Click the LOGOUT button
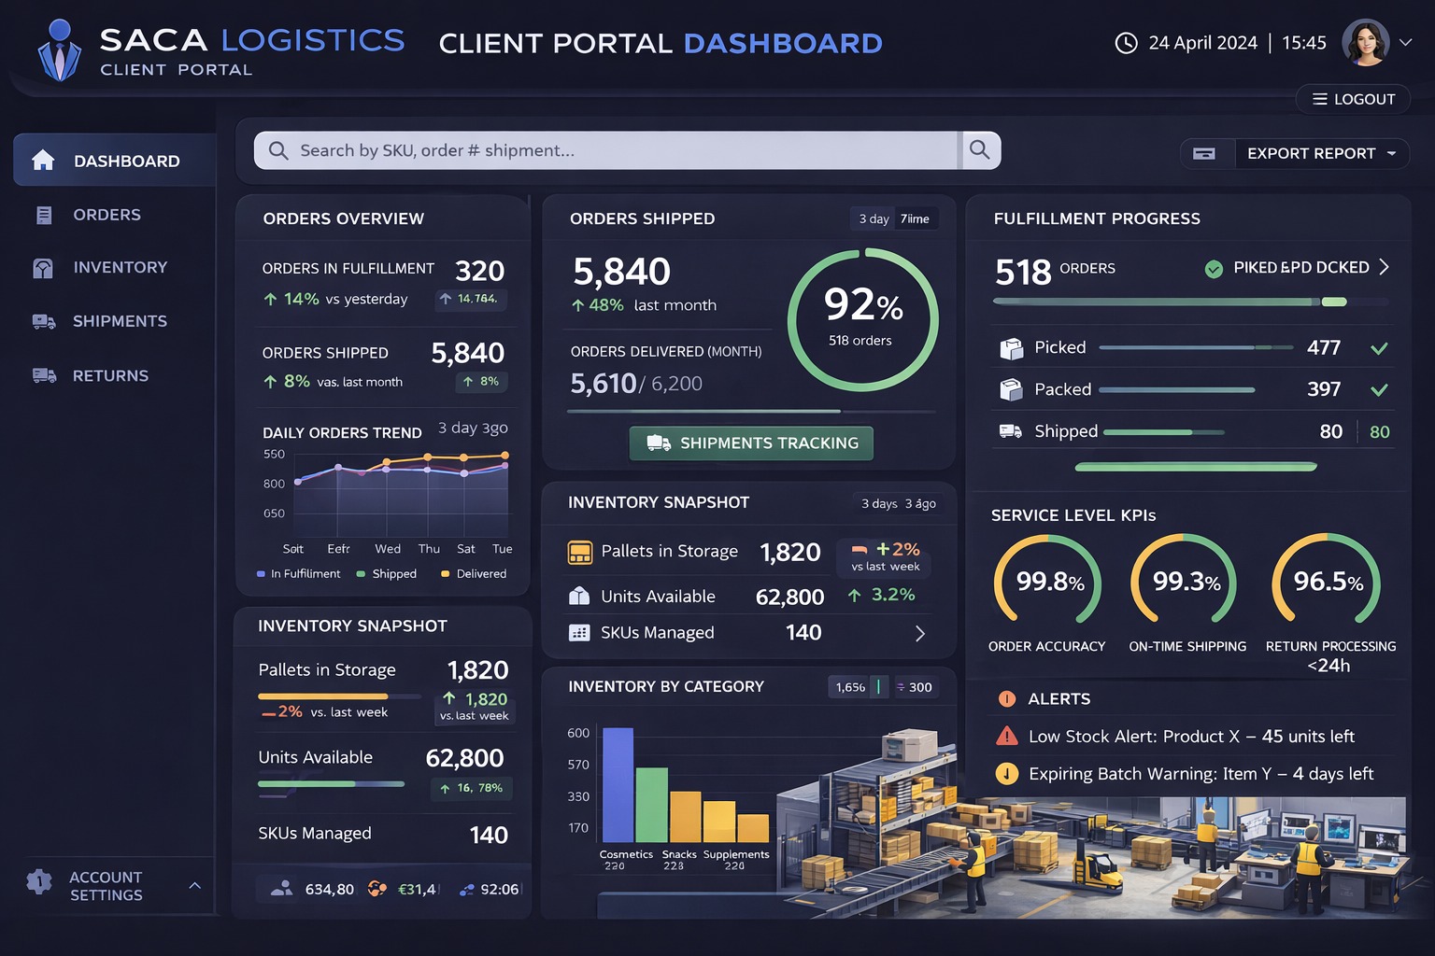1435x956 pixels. pyautogui.click(x=1354, y=99)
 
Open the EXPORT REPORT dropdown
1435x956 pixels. pyautogui.click(x=1321, y=153)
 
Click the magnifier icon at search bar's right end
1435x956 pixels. pyautogui.click(x=979, y=150)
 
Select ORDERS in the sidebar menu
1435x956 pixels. pyautogui.click(x=107, y=215)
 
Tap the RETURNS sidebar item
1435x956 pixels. pyautogui.click(x=110, y=375)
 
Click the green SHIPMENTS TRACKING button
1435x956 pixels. pyautogui.click(x=751, y=443)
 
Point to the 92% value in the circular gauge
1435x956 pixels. pyautogui.click(x=862, y=304)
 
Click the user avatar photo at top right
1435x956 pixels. pyautogui.click(x=1365, y=43)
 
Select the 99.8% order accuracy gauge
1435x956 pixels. pyautogui.click(x=1048, y=582)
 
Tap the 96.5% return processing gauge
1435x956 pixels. pyautogui.click(x=1327, y=582)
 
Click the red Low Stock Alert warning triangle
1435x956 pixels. pyautogui.click(x=1007, y=736)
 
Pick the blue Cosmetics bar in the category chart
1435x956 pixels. pyautogui.click(x=618, y=784)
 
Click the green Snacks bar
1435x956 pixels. pyautogui.click(x=651, y=804)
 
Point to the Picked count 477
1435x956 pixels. pyautogui.click(x=1323, y=348)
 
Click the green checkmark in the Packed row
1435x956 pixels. pyautogui.click(x=1378, y=389)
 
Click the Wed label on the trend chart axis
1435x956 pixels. pyautogui.click(x=388, y=549)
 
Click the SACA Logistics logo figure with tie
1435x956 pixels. pyautogui.click(x=60, y=51)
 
